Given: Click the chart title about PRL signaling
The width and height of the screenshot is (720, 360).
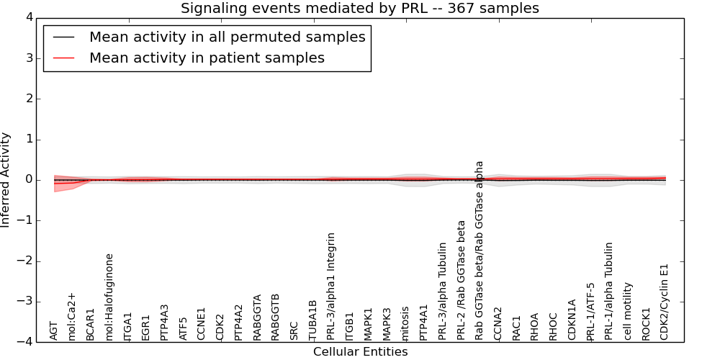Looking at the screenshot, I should [x=359, y=9].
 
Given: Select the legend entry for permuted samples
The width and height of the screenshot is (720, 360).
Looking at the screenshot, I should [x=227, y=37].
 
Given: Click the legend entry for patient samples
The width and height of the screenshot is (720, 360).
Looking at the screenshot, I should [x=207, y=58].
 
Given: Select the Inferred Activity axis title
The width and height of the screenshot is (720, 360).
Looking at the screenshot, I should [x=6, y=180].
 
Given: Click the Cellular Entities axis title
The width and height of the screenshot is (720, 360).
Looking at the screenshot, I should [x=360, y=352].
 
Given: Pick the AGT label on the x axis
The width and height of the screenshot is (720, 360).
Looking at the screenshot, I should [x=54, y=330].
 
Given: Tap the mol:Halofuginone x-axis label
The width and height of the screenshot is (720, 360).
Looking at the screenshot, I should [x=110, y=296].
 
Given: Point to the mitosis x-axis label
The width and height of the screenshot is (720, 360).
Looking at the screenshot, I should [x=405, y=322].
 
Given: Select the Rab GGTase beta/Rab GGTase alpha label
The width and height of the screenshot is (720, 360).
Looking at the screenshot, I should [x=480, y=250].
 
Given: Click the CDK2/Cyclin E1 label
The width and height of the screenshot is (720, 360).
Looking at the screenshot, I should [x=665, y=302].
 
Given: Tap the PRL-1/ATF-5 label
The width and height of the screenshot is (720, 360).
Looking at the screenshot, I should [x=590, y=311].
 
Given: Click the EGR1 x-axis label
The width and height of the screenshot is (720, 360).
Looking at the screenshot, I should [x=146, y=327].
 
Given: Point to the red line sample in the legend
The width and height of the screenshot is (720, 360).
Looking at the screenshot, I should [x=63, y=58].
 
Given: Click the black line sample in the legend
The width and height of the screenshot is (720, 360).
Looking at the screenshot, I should [x=63, y=37].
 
